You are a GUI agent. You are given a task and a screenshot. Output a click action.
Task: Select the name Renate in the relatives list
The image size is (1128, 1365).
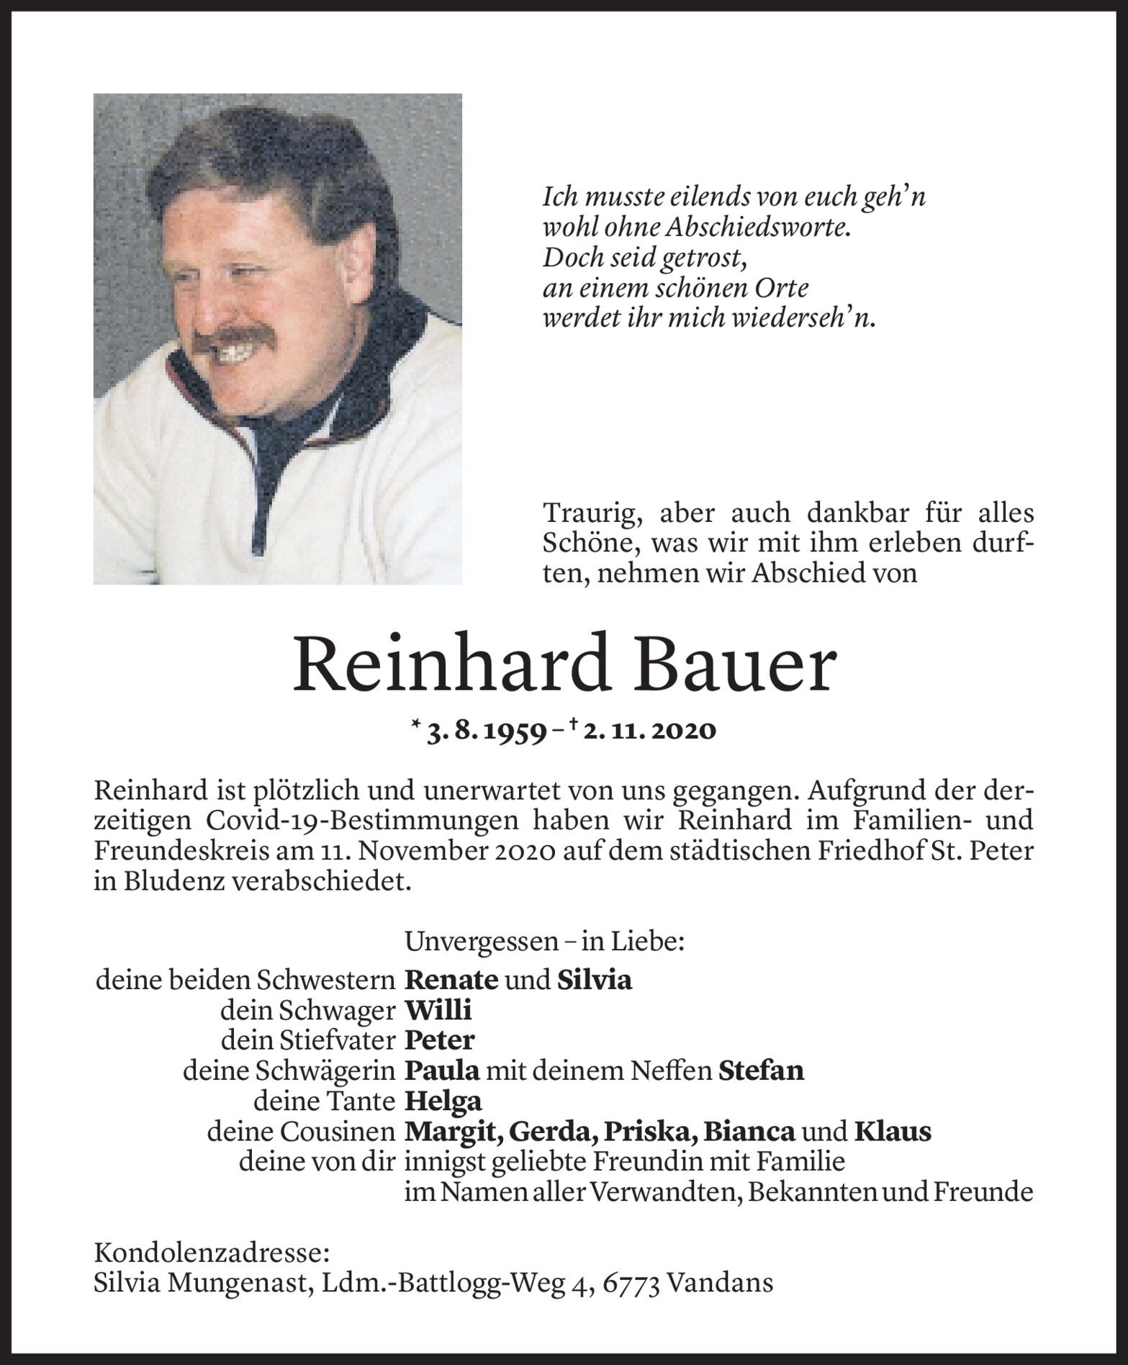[451, 980]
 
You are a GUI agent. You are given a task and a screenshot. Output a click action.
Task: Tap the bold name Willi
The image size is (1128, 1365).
[438, 1011]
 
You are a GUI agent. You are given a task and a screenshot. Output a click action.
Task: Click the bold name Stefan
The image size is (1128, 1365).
[761, 1071]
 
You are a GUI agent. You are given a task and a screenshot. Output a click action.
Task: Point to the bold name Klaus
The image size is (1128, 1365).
[893, 1132]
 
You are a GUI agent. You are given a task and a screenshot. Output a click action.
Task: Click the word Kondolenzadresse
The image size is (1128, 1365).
[212, 1253]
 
